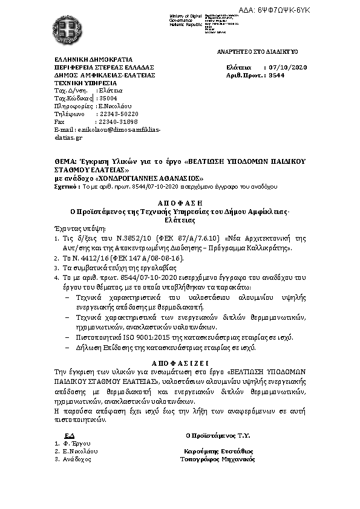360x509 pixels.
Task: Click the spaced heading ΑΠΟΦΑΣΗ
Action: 180,204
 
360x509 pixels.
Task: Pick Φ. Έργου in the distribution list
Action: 76,443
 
